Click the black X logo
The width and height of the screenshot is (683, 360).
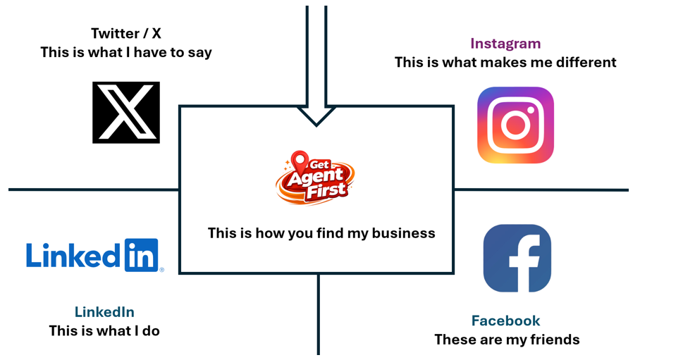click(x=126, y=112)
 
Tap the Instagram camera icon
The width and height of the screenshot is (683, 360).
click(x=515, y=125)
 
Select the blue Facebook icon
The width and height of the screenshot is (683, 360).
click(x=517, y=258)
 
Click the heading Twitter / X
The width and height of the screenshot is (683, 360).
click(x=126, y=33)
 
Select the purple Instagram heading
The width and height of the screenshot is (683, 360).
click(x=505, y=44)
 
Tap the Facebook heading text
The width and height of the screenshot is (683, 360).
click(x=505, y=321)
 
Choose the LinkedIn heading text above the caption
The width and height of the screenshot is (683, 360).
click(x=104, y=312)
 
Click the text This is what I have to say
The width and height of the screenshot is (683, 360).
click(x=126, y=52)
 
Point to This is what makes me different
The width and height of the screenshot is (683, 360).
click(x=505, y=62)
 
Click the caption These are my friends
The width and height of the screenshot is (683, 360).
click(x=507, y=340)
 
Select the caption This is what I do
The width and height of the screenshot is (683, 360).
click(x=104, y=330)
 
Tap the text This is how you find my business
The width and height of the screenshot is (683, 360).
click(x=321, y=233)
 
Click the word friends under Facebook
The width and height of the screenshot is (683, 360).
click(x=553, y=340)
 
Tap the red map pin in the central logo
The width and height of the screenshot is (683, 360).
click(x=300, y=161)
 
